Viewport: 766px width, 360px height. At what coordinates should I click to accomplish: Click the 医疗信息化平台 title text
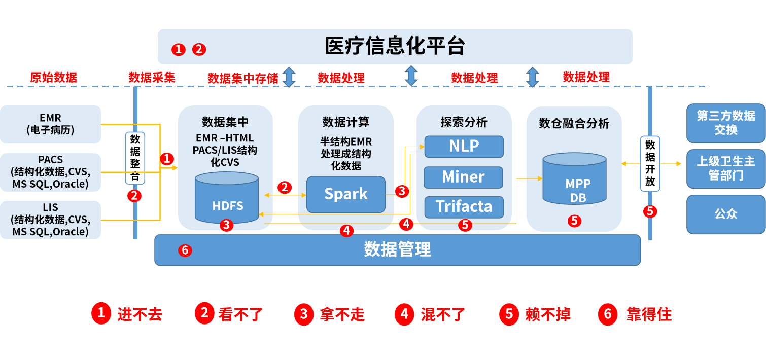[x=395, y=46]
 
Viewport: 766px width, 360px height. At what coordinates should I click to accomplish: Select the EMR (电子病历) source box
[x=50, y=124]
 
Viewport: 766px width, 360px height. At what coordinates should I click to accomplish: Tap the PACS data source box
[x=50, y=172]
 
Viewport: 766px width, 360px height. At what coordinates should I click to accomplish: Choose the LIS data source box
[x=50, y=220]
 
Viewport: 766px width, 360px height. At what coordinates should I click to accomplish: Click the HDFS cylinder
[x=227, y=199]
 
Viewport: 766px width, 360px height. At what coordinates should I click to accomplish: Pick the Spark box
[x=346, y=194]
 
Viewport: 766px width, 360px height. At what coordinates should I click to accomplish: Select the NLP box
[x=464, y=146]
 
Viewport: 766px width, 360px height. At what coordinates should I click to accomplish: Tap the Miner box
[x=463, y=177]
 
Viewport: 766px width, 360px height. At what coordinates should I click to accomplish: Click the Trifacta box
[x=464, y=207]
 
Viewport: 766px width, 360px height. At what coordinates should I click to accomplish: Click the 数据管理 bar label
[x=397, y=249]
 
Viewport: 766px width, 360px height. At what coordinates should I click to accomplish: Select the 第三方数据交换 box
[x=725, y=123]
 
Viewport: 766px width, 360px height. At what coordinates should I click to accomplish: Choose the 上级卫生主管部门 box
[x=725, y=168]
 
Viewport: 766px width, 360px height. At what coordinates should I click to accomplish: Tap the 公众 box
[x=725, y=214]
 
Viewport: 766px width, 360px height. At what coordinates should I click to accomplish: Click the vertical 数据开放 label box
[x=650, y=163]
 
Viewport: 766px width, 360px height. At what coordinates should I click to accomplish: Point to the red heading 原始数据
[x=53, y=78]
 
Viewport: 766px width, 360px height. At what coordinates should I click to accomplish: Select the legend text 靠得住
[x=649, y=314]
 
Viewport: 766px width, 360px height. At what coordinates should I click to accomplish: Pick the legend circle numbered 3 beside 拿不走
[x=303, y=314]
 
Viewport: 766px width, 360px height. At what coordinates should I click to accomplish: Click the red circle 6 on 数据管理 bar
[x=185, y=250]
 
